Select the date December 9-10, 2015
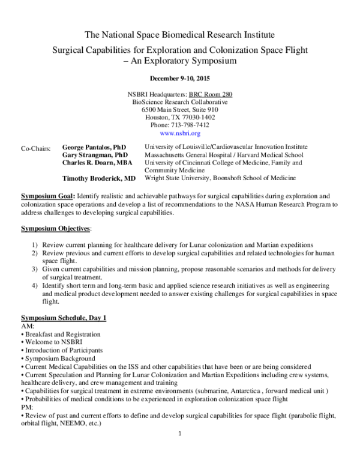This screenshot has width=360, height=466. point(180,78)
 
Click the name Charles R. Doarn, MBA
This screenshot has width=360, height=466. point(98,163)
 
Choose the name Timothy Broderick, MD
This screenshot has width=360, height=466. point(99,178)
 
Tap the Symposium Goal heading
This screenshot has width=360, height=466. point(46,197)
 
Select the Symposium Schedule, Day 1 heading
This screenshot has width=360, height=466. point(64,317)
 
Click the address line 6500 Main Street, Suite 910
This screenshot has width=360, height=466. point(180,110)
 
